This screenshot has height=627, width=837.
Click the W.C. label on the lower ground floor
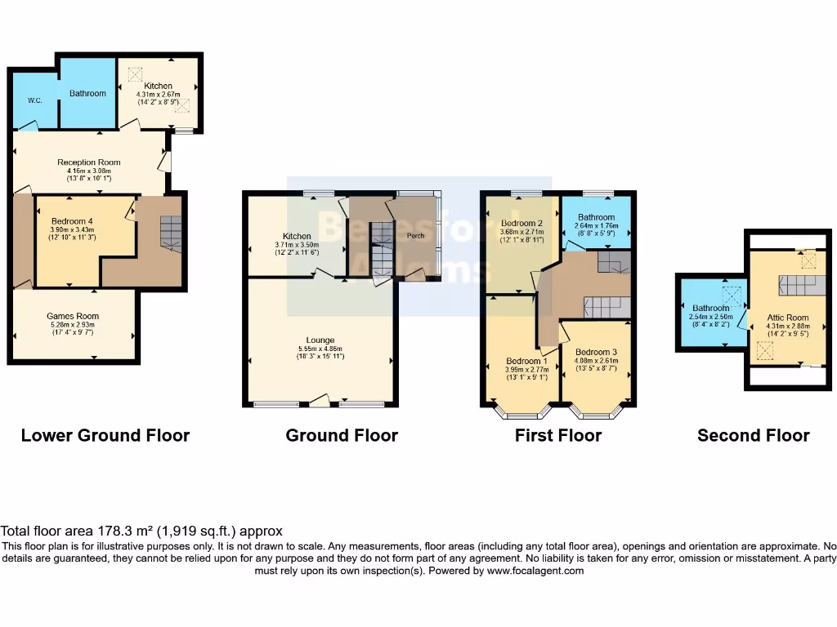(34, 101)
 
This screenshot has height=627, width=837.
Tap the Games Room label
(73, 316)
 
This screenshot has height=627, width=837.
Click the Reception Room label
(88, 162)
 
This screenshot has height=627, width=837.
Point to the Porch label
(416, 235)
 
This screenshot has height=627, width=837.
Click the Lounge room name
(320, 340)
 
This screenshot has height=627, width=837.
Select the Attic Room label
(787, 318)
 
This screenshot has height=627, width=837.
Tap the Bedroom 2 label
(522, 223)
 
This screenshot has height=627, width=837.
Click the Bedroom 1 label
(523, 361)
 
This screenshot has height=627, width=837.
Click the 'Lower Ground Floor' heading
(105, 435)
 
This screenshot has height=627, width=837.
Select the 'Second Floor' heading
(753, 435)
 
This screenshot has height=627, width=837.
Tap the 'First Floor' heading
(557, 435)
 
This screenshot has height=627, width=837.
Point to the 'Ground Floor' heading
(342, 435)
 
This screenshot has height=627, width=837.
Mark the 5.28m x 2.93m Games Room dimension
(73, 325)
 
